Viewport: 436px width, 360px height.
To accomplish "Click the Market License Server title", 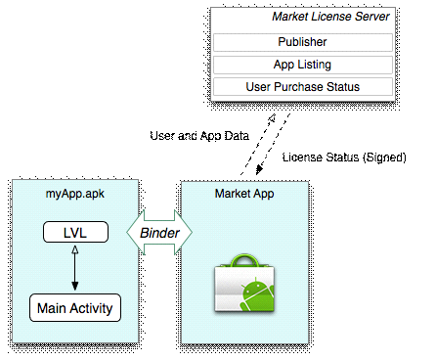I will tap(330, 18).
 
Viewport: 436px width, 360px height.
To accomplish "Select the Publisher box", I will tap(302, 42).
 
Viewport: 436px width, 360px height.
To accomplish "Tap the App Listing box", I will tap(302, 65).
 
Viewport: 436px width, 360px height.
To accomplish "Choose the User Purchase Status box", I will tap(302, 87).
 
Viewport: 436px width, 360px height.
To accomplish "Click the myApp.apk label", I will tap(75, 194).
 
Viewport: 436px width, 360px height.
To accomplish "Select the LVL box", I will tap(75, 233).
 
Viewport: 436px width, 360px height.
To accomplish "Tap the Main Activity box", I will tap(75, 308).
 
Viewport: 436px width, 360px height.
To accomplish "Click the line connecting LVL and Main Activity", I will tap(75, 268).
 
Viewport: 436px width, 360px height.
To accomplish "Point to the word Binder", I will tap(159, 233).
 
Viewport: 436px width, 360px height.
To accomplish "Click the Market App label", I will tap(243, 194).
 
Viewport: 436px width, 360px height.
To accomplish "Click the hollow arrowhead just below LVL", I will tap(75, 250).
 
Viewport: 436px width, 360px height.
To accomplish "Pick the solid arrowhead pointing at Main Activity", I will tap(75, 288).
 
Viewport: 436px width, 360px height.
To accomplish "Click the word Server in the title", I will tap(371, 18).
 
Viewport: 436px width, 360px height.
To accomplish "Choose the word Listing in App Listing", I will tap(315, 65).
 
